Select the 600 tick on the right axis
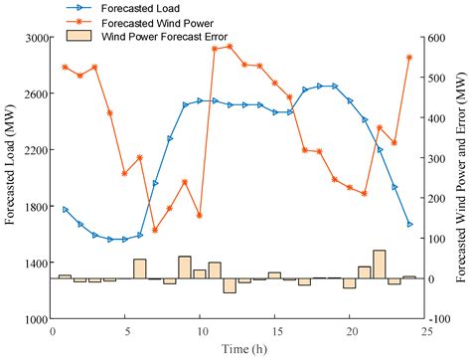click(x=441, y=38)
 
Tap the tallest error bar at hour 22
click(x=379, y=265)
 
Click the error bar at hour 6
click(x=140, y=269)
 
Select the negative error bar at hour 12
click(x=230, y=285)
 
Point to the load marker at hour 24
click(x=409, y=225)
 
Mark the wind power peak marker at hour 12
click(x=230, y=46)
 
